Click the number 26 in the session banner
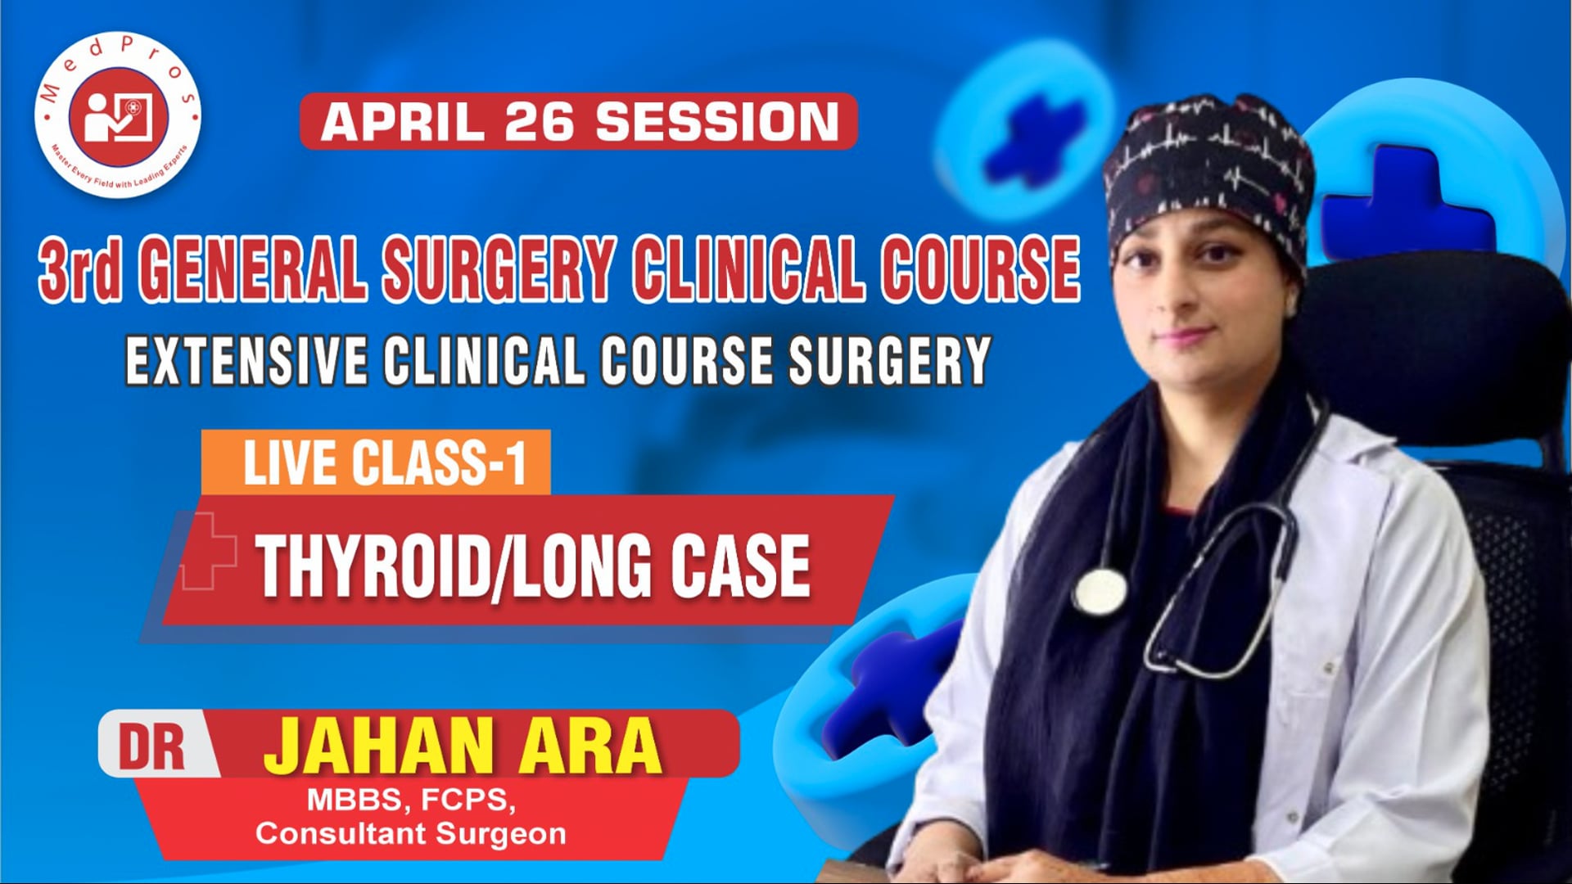coord(540,122)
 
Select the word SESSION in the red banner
coord(716,122)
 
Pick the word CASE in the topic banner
coord(740,566)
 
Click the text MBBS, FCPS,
coord(411,800)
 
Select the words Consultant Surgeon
coord(411,834)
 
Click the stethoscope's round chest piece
coord(1100,591)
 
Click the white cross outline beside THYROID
coord(207,552)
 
